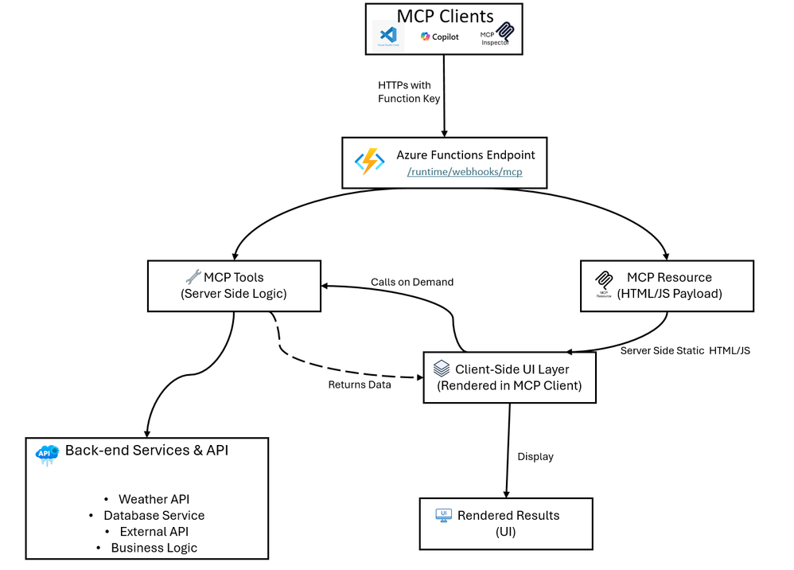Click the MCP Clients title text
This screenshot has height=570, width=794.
coord(445,15)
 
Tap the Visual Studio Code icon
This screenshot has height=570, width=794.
coord(388,37)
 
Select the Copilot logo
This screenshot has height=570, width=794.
coord(440,37)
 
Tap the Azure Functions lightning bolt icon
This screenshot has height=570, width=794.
coord(370,162)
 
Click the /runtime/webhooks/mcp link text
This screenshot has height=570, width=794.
coord(465,171)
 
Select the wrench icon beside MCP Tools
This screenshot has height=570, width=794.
coord(193,277)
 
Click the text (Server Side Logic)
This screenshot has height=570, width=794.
coord(234,293)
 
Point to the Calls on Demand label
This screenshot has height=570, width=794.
coord(412,282)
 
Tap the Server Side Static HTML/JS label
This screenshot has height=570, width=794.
coord(684,351)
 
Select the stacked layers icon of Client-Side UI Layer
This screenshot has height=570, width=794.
coord(442,369)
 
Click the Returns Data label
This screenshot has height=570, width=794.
coord(360,385)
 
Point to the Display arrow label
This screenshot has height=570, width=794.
coord(535,456)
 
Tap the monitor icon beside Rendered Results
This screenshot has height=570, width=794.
coord(444,516)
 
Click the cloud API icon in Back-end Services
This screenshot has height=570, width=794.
coord(47,454)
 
